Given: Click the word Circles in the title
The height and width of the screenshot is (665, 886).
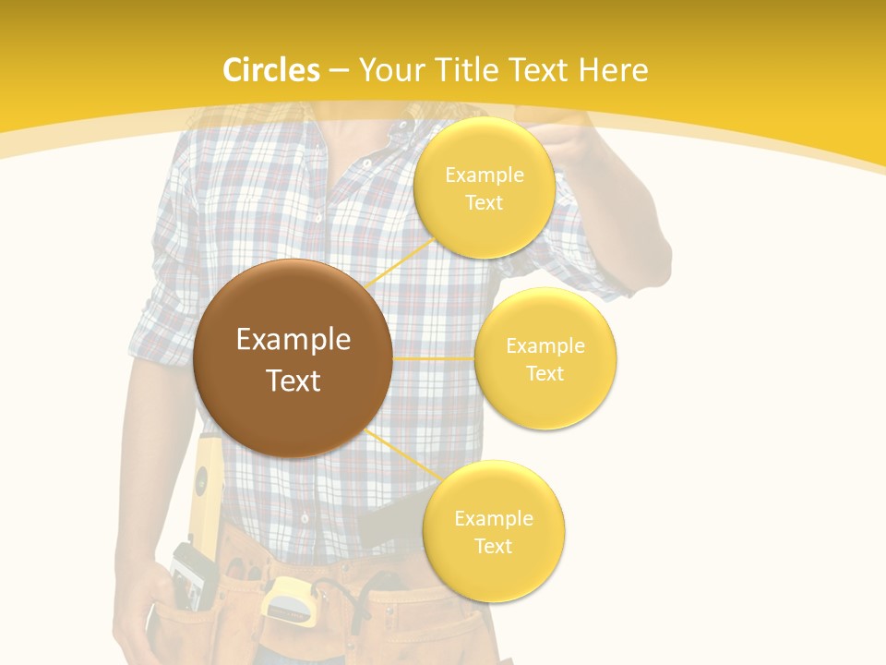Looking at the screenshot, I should [270, 70].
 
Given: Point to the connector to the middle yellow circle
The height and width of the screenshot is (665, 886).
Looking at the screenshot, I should [433, 357].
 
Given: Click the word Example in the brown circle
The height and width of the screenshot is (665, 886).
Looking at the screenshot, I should [293, 340].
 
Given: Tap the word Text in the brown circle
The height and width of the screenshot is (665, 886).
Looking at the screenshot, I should [293, 381].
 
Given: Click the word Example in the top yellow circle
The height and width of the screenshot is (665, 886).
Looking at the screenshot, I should [484, 175].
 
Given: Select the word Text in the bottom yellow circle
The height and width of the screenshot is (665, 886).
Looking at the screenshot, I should [493, 546].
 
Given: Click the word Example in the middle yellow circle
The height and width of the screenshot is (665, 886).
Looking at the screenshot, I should [545, 346].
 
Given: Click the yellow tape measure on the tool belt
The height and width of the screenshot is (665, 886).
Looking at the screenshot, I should [287, 599].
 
